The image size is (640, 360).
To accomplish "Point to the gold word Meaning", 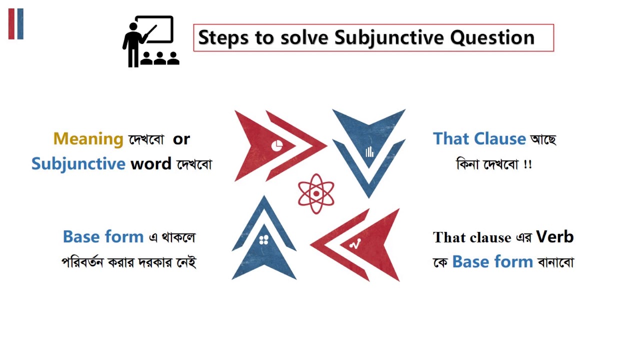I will click(x=88, y=138).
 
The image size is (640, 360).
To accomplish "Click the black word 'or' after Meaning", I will click(x=181, y=139).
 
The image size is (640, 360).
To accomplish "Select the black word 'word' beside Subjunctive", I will click(x=151, y=163).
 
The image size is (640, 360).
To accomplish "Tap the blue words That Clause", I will click(x=479, y=138).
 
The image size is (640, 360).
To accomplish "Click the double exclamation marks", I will click(x=527, y=164).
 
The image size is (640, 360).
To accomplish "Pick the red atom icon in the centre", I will click(x=316, y=193).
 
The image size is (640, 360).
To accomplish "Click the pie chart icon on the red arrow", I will click(x=277, y=145).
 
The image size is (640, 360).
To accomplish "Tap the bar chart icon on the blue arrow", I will click(x=369, y=152).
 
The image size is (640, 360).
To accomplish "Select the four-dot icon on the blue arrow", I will click(x=264, y=239).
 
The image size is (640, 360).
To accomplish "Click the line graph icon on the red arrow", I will click(x=355, y=244).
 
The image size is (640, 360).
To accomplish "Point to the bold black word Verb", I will click(x=554, y=236).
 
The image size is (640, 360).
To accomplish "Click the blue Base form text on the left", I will click(x=103, y=236).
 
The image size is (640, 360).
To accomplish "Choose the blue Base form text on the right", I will click(x=492, y=261).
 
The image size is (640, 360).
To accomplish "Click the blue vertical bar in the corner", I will click(x=20, y=23).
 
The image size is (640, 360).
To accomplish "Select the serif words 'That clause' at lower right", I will click(x=472, y=237).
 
